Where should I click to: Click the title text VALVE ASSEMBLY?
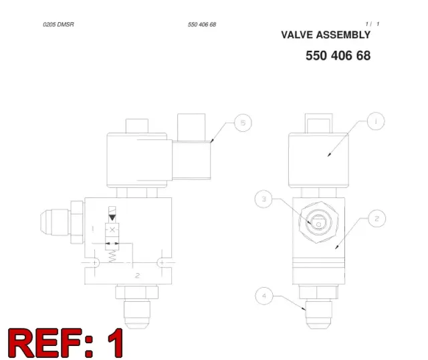pyautogui.click(x=326, y=35)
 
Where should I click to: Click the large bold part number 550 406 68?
pyautogui.click(x=338, y=56)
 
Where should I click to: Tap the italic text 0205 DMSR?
pyautogui.click(x=58, y=25)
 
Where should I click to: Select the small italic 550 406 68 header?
pyautogui.click(x=202, y=25)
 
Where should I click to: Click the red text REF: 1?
pyautogui.click(x=66, y=343)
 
